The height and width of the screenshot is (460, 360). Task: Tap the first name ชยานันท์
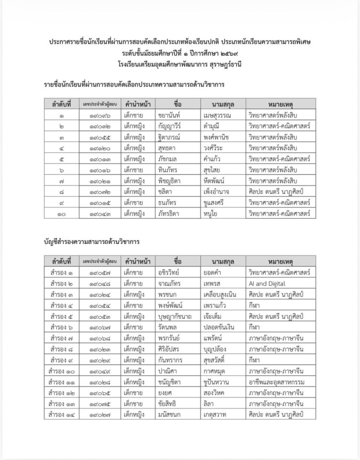[x=170, y=115]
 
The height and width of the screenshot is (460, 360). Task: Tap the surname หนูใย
[x=211, y=213]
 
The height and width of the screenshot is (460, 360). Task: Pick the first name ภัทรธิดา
[x=169, y=213]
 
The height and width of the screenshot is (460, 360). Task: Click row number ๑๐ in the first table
[x=61, y=213]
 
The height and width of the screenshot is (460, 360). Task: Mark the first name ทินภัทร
[x=168, y=170]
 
